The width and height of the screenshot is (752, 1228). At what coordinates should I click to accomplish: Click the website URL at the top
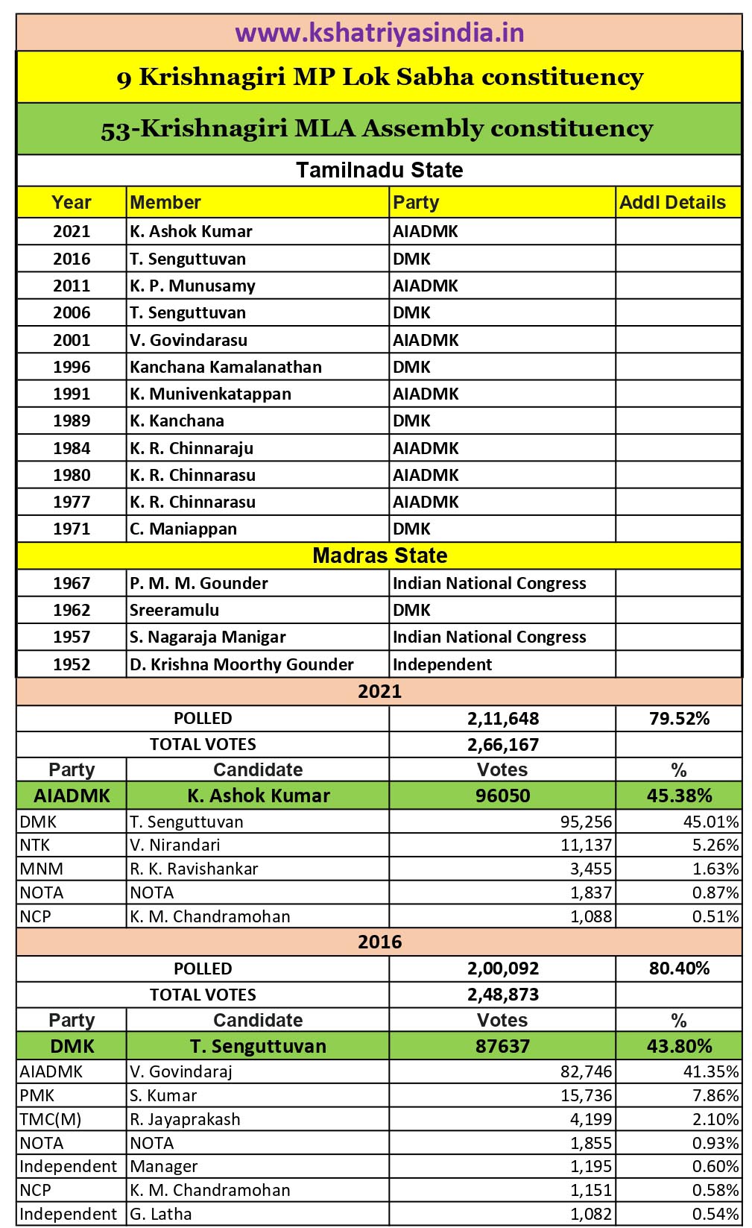click(x=379, y=33)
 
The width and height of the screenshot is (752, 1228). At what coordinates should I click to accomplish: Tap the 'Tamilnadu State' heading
click(x=379, y=170)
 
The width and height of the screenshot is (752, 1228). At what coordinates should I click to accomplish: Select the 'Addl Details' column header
click(x=672, y=203)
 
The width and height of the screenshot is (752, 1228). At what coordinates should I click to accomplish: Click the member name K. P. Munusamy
click(x=192, y=286)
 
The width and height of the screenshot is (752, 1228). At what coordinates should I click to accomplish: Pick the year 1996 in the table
click(x=72, y=367)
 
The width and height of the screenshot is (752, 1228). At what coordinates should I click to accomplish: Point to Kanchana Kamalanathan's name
click(x=226, y=367)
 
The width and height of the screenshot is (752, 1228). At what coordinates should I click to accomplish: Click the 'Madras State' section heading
click(x=379, y=555)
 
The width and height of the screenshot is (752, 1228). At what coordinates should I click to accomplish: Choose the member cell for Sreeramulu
click(x=174, y=610)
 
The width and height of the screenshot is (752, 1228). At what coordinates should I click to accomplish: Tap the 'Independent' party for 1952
click(x=442, y=664)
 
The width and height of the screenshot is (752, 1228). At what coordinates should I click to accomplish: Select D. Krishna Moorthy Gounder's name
click(x=241, y=664)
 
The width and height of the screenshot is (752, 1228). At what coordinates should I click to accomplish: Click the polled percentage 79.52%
click(x=679, y=719)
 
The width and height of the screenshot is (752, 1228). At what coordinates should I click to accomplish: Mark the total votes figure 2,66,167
click(x=503, y=744)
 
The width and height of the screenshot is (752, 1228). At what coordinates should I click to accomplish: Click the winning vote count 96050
click(x=503, y=796)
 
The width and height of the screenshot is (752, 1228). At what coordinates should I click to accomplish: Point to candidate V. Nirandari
click(x=174, y=845)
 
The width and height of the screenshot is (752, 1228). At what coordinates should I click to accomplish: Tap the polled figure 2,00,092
click(x=503, y=969)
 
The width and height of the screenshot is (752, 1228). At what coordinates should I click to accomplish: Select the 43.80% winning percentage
click(x=679, y=1046)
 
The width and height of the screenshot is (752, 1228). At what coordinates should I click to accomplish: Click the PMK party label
click(x=37, y=1095)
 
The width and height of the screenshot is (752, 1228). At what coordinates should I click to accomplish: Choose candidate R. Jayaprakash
click(x=185, y=1119)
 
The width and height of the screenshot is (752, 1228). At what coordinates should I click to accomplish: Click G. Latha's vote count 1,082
click(x=591, y=1214)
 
